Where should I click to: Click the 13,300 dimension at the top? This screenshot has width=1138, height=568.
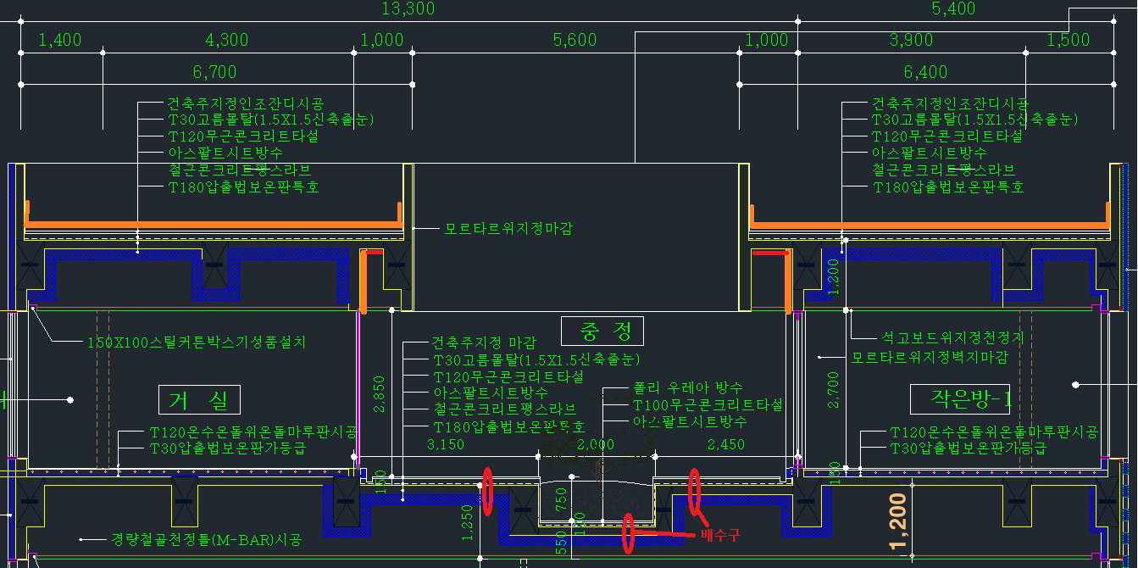pyautogui.click(x=408, y=8)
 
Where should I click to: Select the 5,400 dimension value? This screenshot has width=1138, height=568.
pyautogui.click(x=953, y=8)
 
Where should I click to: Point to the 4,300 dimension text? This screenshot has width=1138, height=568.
pyautogui.click(x=227, y=40)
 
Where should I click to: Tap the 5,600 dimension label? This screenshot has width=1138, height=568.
pyautogui.click(x=575, y=40)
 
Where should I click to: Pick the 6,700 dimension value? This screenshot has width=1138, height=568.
pyautogui.click(x=214, y=72)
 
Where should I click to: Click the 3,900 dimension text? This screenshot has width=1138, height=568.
pyautogui.click(x=911, y=40)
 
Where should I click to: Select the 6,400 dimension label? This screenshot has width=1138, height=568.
pyautogui.click(x=925, y=72)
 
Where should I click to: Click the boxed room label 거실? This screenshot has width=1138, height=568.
pyautogui.click(x=199, y=399)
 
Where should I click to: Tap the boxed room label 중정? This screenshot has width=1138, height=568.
pyautogui.click(x=602, y=331)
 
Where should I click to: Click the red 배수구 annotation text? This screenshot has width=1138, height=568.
pyautogui.click(x=720, y=534)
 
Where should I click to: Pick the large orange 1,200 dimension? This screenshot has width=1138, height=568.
pyautogui.click(x=899, y=521)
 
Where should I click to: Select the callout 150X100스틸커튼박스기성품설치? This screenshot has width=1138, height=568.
pyautogui.click(x=197, y=342)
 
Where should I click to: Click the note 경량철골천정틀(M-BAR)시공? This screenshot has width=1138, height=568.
pyautogui.click(x=206, y=539)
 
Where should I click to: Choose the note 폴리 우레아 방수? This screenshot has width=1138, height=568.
pyautogui.click(x=688, y=387)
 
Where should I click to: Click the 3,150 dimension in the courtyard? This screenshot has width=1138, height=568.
pyautogui.click(x=446, y=444)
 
